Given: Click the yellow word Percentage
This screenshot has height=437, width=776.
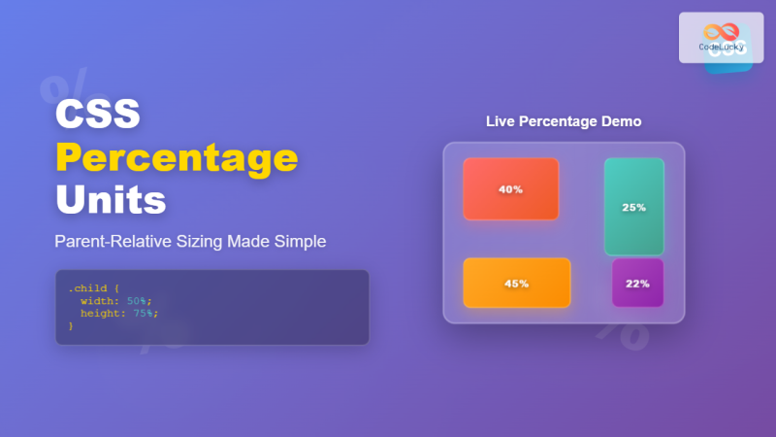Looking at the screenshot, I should click(x=176, y=156).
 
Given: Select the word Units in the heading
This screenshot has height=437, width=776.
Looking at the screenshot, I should click(x=110, y=200).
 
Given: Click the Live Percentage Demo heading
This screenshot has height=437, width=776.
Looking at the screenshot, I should click(x=564, y=121).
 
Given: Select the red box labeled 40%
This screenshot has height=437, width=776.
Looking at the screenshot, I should click(x=510, y=189).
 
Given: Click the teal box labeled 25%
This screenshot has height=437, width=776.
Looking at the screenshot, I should click(x=633, y=207).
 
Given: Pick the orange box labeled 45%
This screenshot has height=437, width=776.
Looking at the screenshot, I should click(x=516, y=284).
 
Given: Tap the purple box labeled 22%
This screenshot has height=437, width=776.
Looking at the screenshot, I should click(x=637, y=283).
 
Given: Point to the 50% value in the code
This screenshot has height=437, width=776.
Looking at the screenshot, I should click(x=139, y=301).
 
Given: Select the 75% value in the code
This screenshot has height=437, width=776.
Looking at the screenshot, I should click(x=145, y=313).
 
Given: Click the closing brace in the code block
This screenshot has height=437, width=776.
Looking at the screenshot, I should click(x=71, y=325).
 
